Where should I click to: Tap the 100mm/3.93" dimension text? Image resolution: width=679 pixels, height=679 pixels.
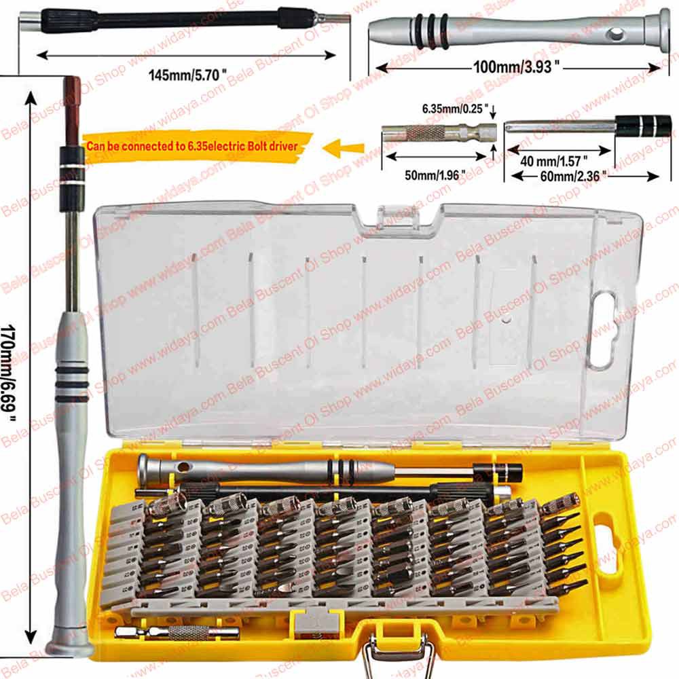[x=517, y=67]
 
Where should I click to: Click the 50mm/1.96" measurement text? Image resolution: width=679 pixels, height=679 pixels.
[x=435, y=174]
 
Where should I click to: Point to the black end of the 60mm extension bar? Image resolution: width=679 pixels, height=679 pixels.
[x=643, y=126]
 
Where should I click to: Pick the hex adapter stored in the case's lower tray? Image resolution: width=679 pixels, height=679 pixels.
[x=177, y=633]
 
